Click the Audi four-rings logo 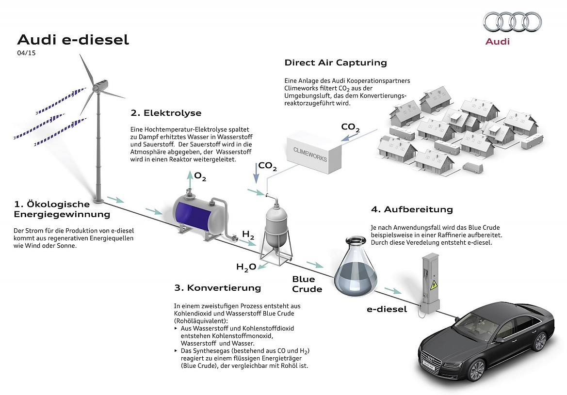pos(513,21)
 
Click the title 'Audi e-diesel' pos(73,39)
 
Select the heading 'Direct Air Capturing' pos(336,63)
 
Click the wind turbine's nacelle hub pos(100,85)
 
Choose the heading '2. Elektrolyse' pos(166,113)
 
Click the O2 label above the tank pos(200,176)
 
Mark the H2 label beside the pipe pos(248,235)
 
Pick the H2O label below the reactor pos(246,266)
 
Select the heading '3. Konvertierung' pos(217,288)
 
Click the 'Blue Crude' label pos(307,284)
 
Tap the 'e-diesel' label pos(387,309)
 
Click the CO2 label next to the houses pos(350,127)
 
